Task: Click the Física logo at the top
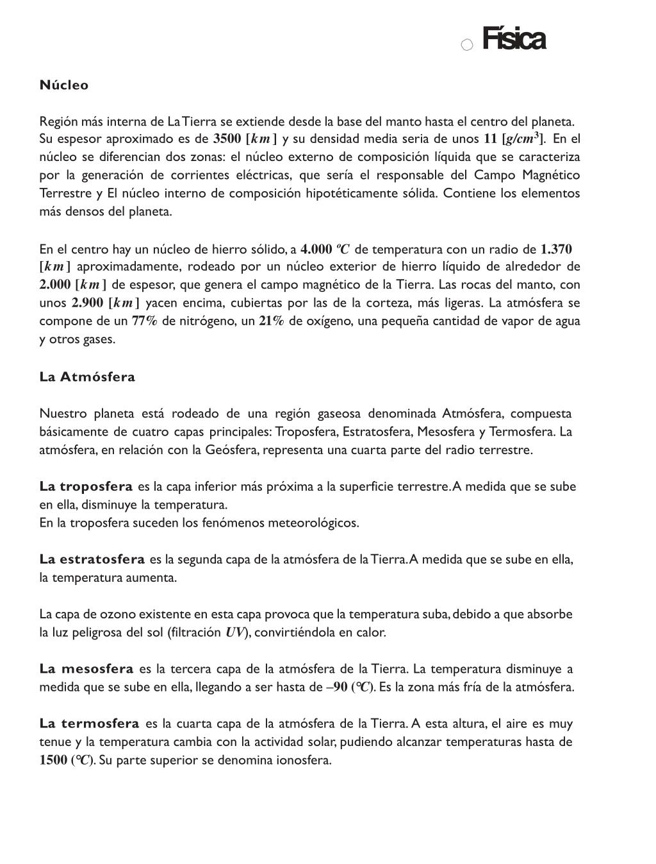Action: pos(513,39)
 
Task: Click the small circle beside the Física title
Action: pos(467,44)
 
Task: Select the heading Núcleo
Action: pos(64,85)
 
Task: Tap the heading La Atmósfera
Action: pos(87,377)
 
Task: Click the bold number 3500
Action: pos(227,139)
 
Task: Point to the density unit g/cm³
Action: pos(523,139)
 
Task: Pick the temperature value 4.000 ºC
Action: pos(325,249)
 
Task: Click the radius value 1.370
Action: pos(556,249)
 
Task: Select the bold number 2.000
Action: pos(55,285)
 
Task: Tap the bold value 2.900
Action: pos(88,303)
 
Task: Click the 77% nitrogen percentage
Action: pos(144,321)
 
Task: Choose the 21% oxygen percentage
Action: pos(272,321)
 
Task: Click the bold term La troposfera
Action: pos(86,486)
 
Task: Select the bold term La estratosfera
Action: pos(92,559)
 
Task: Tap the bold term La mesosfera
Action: pos(86,669)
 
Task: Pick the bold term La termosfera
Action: pos(89,724)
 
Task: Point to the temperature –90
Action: pos(337,687)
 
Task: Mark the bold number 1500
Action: pos(53,760)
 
